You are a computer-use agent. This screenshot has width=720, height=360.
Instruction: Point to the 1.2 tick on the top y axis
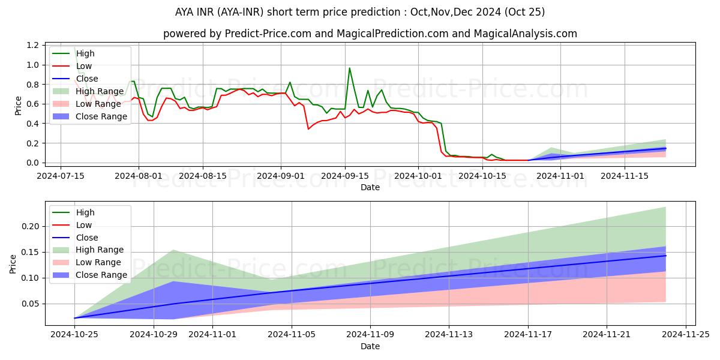click(x=34, y=45)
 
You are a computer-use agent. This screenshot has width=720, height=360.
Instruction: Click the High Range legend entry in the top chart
click(x=100, y=91)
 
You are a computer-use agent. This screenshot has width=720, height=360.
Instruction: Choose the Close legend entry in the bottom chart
click(x=87, y=238)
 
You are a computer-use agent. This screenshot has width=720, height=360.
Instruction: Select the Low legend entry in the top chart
click(x=85, y=66)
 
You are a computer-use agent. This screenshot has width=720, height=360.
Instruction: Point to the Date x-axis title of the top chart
click(x=370, y=187)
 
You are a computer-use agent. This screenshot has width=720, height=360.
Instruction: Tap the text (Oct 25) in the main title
click(x=525, y=12)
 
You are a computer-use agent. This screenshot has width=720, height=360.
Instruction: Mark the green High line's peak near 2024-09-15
click(x=350, y=68)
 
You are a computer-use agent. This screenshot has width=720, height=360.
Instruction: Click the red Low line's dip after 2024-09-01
click(x=308, y=129)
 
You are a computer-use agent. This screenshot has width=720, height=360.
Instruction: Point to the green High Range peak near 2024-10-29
click(x=173, y=250)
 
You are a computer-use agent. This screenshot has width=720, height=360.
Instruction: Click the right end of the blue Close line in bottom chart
click(x=666, y=256)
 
